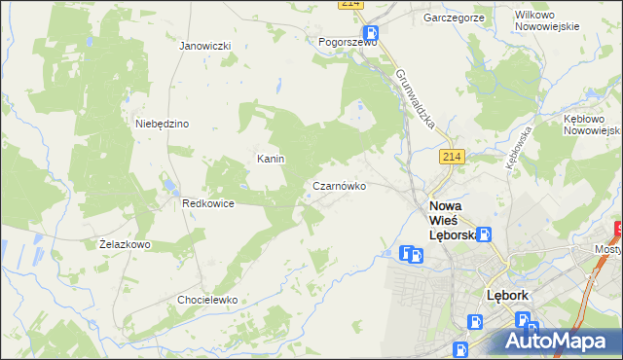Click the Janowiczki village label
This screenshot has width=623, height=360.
[204, 46]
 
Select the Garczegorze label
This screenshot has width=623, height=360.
[454, 18]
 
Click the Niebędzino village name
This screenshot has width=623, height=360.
[162, 124]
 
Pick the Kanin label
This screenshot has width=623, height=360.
[270, 158]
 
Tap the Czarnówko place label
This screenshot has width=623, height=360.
[339, 185]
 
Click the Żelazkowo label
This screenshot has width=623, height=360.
[125, 244]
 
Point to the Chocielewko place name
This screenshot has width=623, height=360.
[207, 300]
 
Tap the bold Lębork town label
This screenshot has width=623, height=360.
[506, 295]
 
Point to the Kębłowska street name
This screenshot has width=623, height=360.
[517, 147]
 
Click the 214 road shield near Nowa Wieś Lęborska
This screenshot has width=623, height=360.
[449, 158]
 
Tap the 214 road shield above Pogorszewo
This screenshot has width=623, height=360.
[351, 5]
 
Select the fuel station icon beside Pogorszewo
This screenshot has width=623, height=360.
[372, 32]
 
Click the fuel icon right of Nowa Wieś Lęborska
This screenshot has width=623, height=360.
[484, 234]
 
